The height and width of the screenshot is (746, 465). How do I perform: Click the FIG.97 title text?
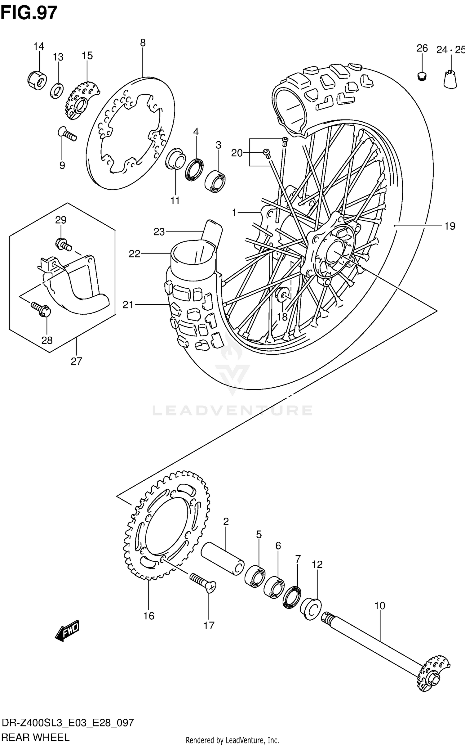[x=29, y=13]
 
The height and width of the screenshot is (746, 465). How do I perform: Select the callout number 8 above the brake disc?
[x=143, y=43]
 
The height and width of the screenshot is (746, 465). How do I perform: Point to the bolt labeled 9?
[x=67, y=134]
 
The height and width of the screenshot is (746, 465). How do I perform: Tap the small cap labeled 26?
[x=421, y=76]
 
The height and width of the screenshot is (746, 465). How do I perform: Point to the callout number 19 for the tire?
[x=449, y=226]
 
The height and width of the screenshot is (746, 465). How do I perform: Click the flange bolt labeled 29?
[x=63, y=244]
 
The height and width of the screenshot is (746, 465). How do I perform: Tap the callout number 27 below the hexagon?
[x=76, y=361]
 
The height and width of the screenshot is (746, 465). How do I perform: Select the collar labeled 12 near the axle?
[x=311, y=609]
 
